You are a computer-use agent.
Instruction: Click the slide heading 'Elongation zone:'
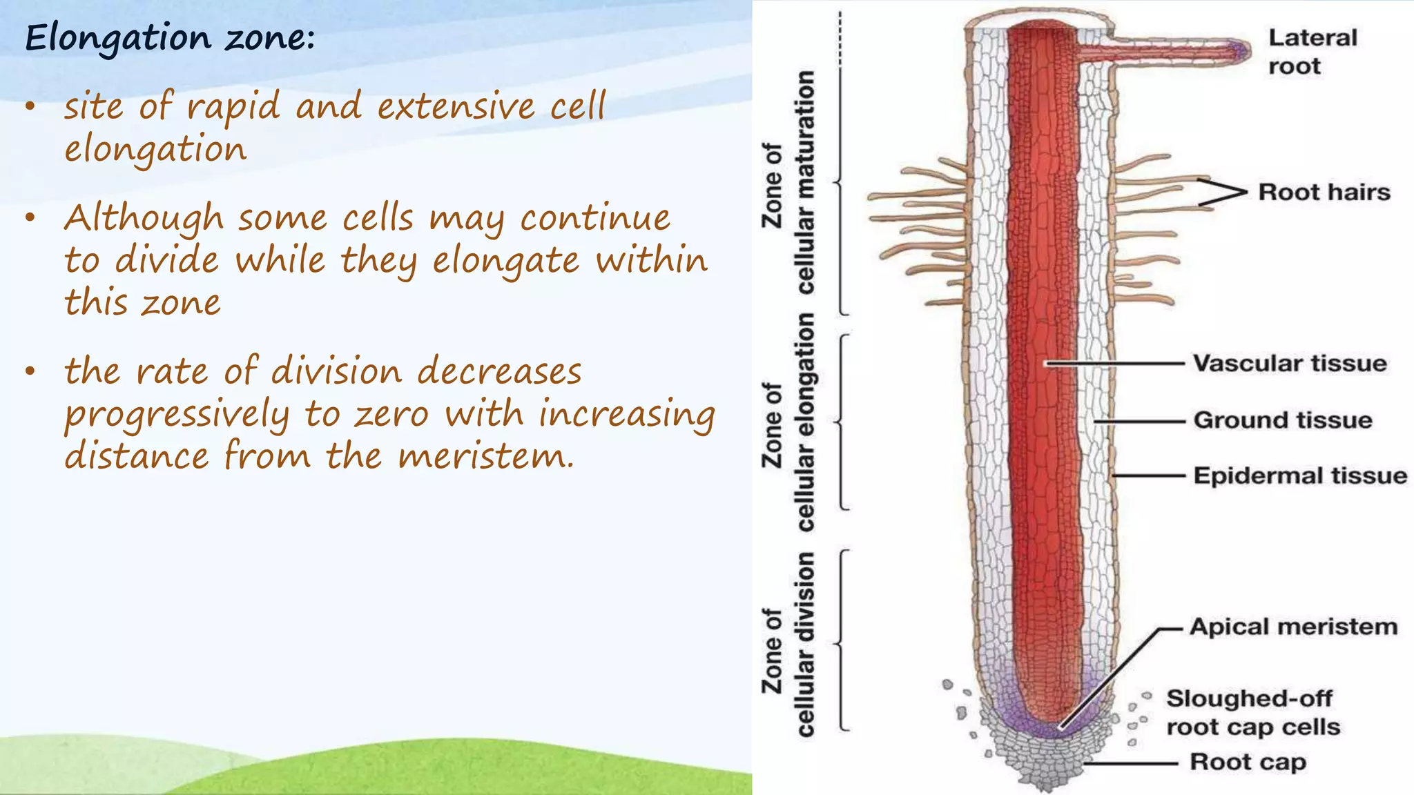point(170,37)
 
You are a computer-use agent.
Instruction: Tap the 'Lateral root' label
point(1312,52)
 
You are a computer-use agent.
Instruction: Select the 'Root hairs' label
point(1324,192)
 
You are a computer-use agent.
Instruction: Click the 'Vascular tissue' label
point(1290,364)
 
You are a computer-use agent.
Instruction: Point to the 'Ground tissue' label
point(1282,420)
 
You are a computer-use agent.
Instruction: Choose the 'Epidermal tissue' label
point(1299,476)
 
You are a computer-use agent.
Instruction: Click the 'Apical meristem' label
point(1293,627)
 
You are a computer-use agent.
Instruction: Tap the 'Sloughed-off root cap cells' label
point(1252,713)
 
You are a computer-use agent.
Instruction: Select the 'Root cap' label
point(1248,762)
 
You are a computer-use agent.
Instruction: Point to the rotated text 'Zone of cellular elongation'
point(788,422)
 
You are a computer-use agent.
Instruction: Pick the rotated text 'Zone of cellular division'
point(788,646)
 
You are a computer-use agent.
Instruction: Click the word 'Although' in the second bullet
point(144,219)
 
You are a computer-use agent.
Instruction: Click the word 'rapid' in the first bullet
point(233,107)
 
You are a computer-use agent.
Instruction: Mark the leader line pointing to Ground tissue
point(1139,421)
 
